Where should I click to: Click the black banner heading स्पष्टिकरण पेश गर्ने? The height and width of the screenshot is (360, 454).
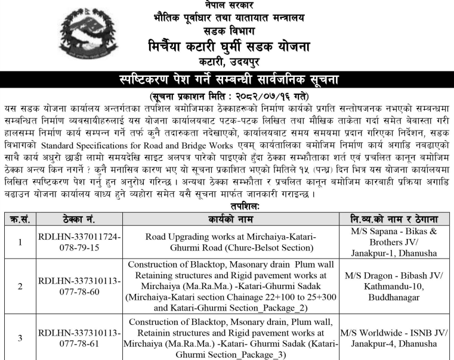point(227,79)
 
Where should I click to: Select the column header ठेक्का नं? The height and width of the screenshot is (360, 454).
point(79,219)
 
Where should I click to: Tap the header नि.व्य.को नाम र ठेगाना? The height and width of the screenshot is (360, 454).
point(395,219)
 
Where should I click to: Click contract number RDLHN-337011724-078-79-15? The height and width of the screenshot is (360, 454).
point(79,242)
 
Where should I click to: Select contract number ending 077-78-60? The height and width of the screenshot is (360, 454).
point(79,286)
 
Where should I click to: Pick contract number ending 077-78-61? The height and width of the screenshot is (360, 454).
point(79,338)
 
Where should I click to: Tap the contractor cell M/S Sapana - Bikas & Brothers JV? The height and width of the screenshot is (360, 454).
point(395,242)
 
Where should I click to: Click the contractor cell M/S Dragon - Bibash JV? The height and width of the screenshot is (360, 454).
point(395,286)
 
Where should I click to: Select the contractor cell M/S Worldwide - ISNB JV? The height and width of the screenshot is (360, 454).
point(395,338)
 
